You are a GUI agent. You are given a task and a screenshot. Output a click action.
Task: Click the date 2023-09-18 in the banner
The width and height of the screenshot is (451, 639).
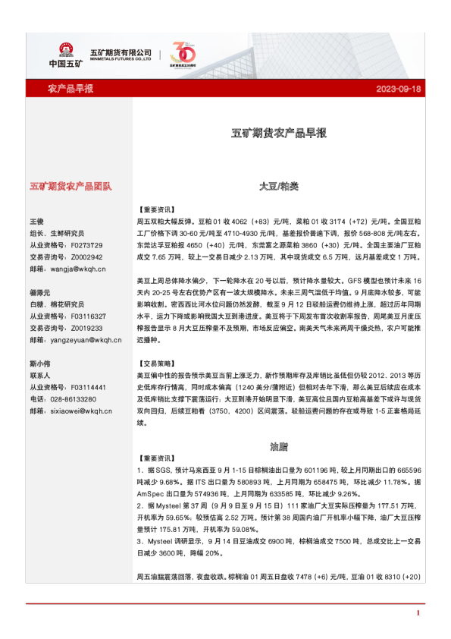click(x=398, y=90)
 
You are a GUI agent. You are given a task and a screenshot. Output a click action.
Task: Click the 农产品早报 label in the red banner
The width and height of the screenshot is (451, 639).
click(x=70, y=90)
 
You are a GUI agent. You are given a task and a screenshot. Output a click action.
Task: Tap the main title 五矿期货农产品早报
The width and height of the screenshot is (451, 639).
click(x=279, y=133)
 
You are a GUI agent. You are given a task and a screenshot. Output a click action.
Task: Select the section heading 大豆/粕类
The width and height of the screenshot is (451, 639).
click(x=279, y=186)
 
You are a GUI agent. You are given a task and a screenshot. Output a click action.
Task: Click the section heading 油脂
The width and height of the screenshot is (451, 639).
click(x=279, y=445)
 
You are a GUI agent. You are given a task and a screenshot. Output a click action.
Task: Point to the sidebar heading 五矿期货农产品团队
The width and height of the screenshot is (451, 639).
click(x=70, y=185)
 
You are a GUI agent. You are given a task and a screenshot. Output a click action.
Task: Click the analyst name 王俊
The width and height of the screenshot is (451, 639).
click(x=38, y=221)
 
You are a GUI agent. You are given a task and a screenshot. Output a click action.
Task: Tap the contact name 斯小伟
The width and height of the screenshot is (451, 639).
click(x=40, y=364)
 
